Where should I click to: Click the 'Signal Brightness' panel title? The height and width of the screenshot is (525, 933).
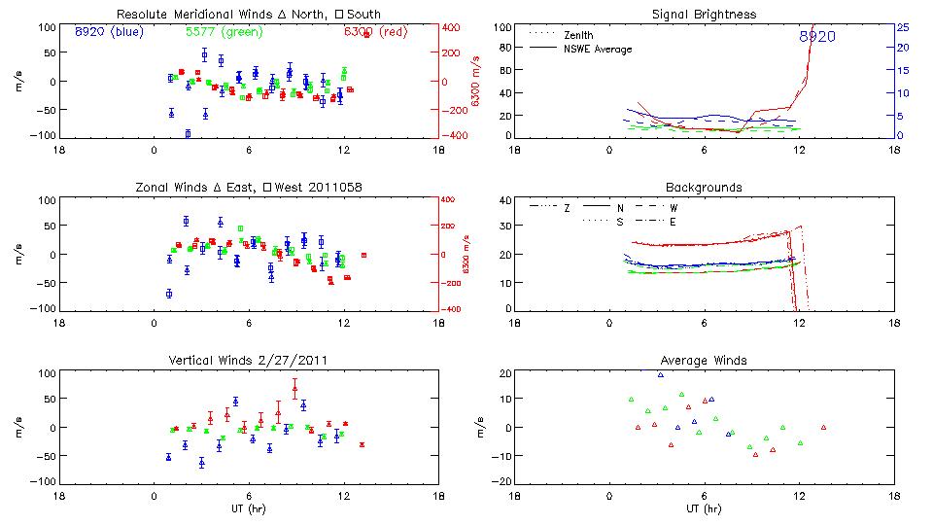(x=705, y=15)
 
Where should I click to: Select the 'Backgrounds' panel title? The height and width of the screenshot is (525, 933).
(x=704, y=187)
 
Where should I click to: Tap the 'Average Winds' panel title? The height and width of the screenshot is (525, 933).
(x=704, y=361)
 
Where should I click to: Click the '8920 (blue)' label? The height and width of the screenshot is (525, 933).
(x=107, y=31)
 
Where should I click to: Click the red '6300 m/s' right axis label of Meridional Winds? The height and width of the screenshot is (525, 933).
(x=476, y=81)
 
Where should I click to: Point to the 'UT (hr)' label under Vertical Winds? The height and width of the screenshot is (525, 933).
(x=249, y=507)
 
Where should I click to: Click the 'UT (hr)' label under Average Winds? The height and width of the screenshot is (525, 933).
(x=704, y=507)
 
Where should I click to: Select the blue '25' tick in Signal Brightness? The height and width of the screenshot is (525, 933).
(x=902, y=26)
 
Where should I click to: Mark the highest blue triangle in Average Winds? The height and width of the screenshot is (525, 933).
(x=660, y=374)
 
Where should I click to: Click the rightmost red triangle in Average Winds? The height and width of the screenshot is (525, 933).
(x=823, y=427)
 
